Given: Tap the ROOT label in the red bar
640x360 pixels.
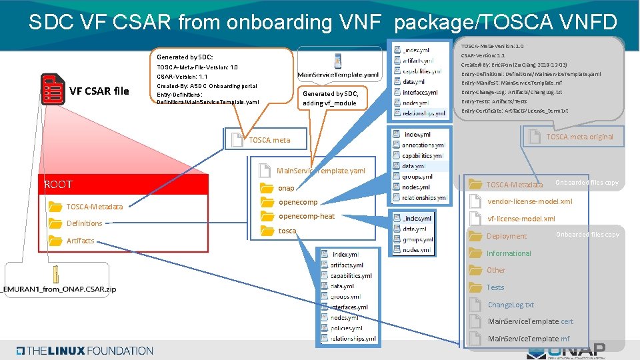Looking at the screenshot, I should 58,184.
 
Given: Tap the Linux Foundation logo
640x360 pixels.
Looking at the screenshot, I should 85,350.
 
